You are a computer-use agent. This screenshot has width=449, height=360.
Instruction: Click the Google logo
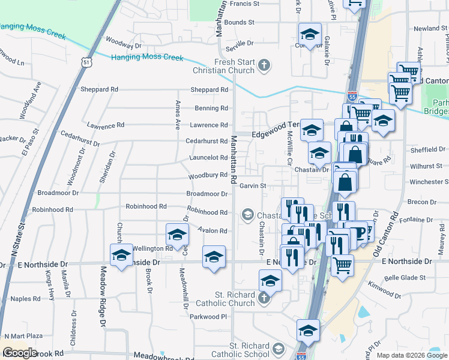(x=20, y=352)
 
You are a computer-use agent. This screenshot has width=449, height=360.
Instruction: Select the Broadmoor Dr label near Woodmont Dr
(x=58, y=193)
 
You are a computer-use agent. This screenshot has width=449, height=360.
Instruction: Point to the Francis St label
(x=244, y=4)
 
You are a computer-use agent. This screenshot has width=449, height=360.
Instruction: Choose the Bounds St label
(x=240, y=22)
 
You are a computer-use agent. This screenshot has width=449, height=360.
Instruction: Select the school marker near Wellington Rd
(x=121, y=256)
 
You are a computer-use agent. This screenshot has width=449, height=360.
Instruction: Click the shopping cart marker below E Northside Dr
(x=342, y=264)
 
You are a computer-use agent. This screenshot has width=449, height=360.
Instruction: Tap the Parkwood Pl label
(x=209, y=316)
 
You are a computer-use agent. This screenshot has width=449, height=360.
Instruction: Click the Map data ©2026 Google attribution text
(x=412, y=355)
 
